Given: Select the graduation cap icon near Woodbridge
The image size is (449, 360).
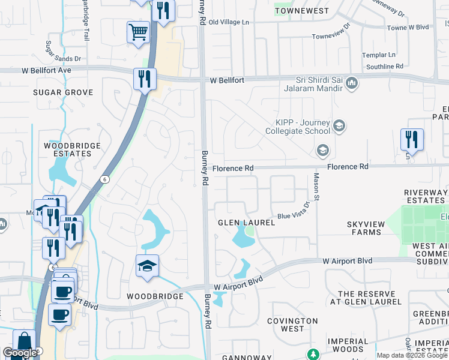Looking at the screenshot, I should (147, 266).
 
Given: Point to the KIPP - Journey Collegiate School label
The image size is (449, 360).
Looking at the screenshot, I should (298, 126).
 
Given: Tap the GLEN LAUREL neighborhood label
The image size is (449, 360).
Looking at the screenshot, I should (246, 223).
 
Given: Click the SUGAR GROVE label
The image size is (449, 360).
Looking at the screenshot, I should (63, 92).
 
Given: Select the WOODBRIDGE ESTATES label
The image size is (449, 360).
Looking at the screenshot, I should (68, 149).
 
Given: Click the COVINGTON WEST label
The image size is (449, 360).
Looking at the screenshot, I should (292, 325).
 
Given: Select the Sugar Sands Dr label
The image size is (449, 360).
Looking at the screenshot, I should (63, 59).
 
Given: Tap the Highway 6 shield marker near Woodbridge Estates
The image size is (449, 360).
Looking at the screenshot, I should (105, 179).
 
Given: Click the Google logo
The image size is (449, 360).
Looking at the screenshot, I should (20, 353).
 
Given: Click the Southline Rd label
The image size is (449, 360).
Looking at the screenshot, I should (384, 67).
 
